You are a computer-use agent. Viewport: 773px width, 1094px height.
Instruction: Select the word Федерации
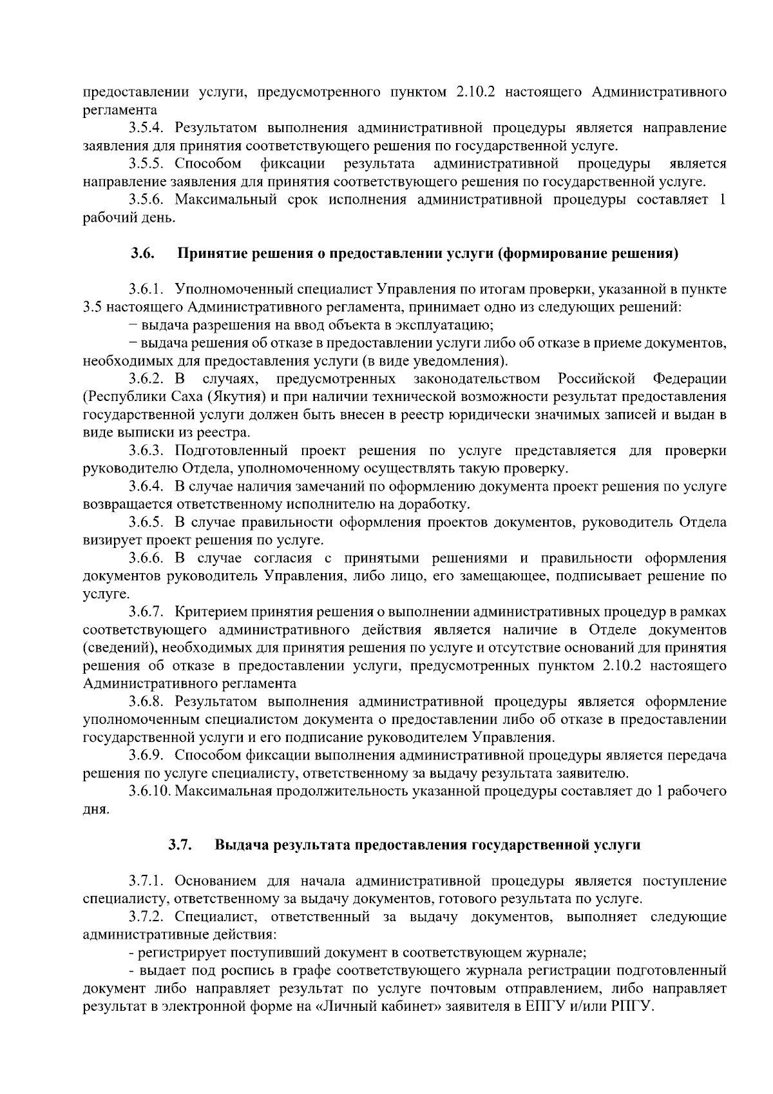coord(689,378)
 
